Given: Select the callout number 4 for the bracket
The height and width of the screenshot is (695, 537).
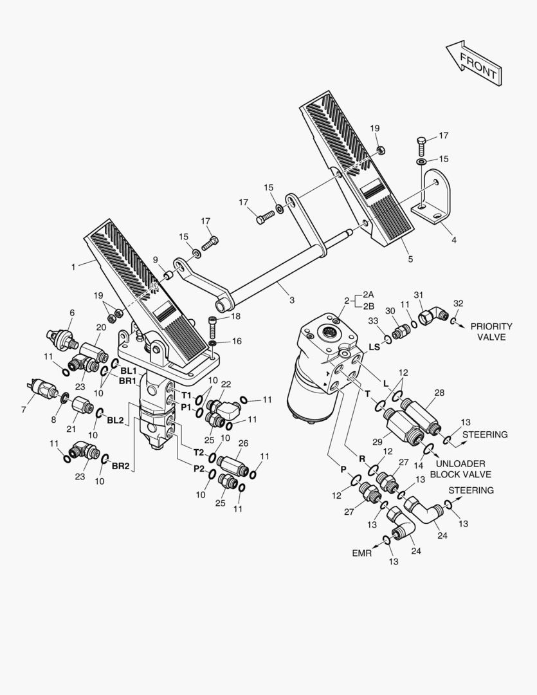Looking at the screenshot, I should tap(453, 240).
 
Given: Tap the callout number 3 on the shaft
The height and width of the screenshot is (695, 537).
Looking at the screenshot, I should tap(291, 300).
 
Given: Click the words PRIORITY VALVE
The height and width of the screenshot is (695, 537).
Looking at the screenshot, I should tap(491, 331).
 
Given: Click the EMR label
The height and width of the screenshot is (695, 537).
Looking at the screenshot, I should tap(361, 553).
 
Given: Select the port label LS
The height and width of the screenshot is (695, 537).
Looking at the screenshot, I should tap(374, 347).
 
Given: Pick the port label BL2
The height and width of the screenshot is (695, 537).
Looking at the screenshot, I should tap(115, 420).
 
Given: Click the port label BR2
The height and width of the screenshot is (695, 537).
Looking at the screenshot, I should tap(120, 465).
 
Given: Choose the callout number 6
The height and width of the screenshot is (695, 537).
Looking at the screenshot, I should tap(72, 313).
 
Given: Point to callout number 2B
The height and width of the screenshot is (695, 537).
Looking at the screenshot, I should tap(369, 306).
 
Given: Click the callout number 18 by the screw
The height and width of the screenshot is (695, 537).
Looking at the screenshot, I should tap(236, 316).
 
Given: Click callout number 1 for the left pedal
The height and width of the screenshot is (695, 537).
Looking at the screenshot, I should tap(73, 265).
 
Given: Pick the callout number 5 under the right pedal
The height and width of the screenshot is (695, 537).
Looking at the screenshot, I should tap(410, 259).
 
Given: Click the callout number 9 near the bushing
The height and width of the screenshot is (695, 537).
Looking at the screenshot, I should tap(155, 259).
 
